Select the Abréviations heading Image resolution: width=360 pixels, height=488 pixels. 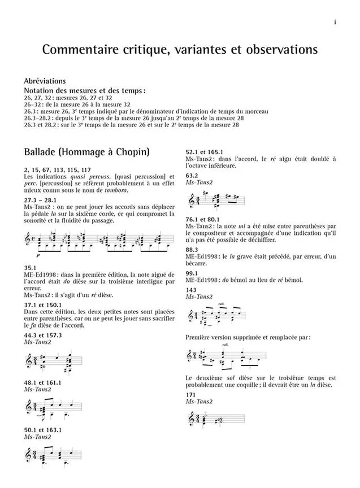(x=45, y=81)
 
